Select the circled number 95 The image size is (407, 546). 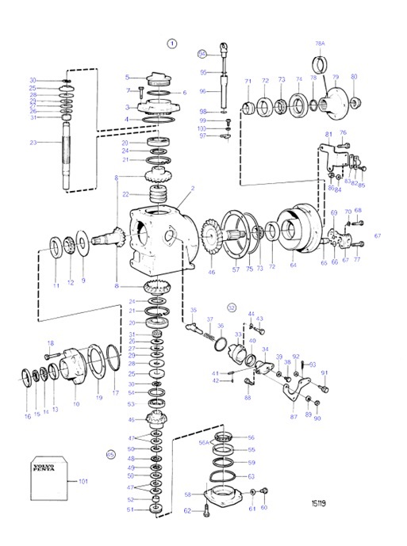(x=202, y=54)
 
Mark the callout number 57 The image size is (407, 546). (x=235, y=269)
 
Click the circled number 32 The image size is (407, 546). (x=232, y=306)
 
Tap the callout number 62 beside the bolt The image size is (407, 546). (x=188, y=510)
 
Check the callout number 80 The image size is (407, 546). (x=354, y=77)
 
